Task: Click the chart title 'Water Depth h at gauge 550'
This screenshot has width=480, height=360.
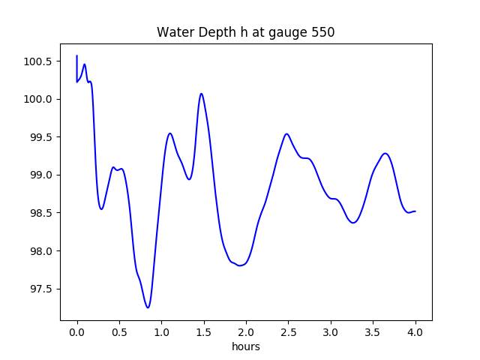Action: tap(245, 32)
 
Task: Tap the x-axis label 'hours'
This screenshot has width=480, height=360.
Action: tap(246, 346)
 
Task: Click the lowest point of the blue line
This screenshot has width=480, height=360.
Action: tap(148, 307)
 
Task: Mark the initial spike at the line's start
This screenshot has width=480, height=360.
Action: tap(76, 56)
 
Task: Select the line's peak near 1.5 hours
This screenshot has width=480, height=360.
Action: tap(201, 94)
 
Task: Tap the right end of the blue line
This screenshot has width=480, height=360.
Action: tap(415, 211)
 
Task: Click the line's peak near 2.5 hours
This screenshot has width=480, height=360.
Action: tap(286, 134)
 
